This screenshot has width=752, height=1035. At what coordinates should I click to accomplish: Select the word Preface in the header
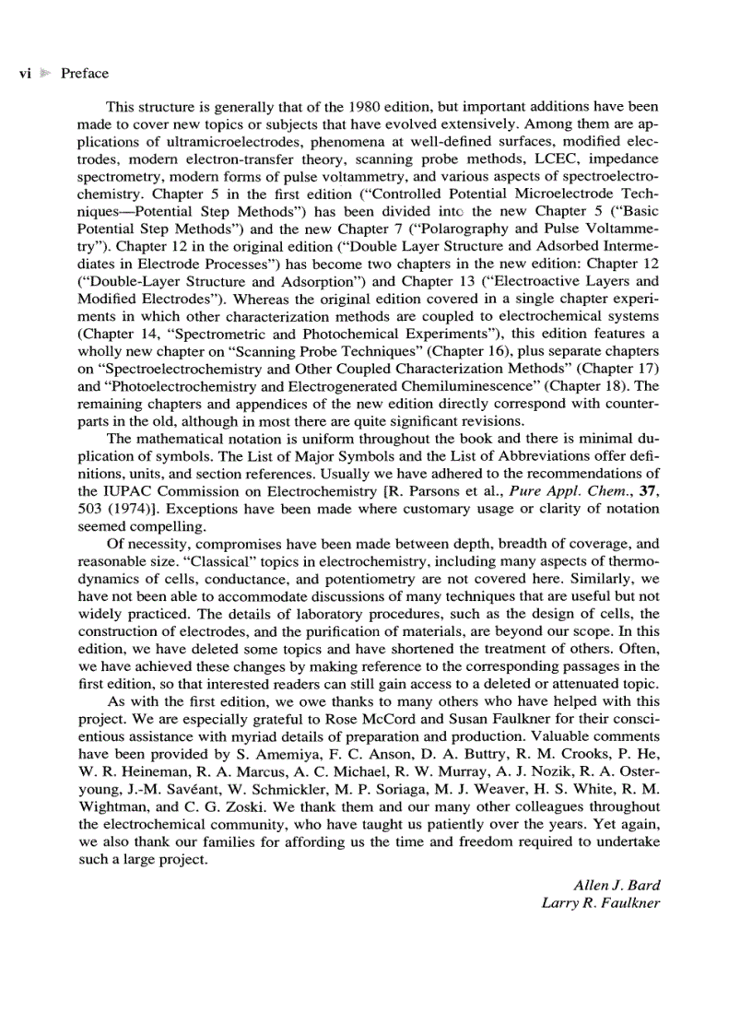85,74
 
